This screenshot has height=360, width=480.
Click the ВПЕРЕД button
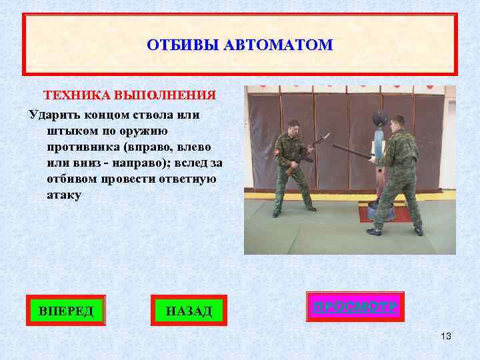click(66, 310)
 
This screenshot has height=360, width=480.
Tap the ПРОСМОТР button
click(355, 307)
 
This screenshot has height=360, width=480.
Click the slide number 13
click(446, 336)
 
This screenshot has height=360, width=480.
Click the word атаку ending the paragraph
click(65, 195)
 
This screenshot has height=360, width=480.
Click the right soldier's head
click(398, 121)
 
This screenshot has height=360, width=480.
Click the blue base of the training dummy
click(369, 213)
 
